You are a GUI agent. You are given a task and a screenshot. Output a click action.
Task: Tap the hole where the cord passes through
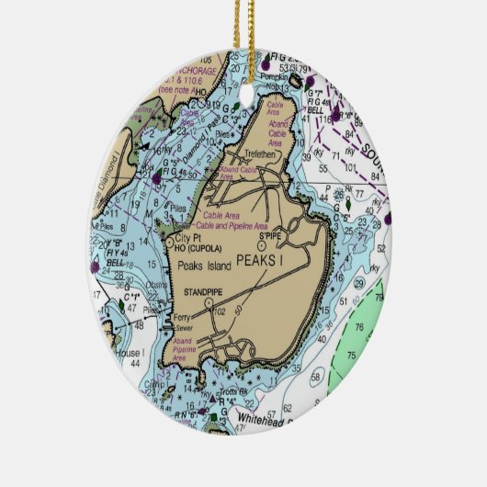click(x=244, y=61)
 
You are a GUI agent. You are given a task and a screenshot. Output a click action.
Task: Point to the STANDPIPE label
click(x=204, y=291)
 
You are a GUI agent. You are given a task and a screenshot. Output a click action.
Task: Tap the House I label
click(x=130, y=353)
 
